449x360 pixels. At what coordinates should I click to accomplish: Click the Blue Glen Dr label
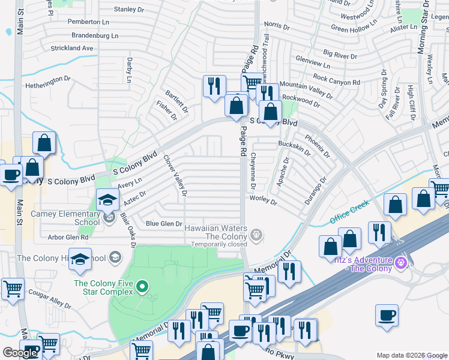tap(164, 224)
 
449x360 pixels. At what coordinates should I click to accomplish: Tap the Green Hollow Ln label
tap(352, 29)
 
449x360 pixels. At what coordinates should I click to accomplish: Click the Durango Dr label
tap(315, 190)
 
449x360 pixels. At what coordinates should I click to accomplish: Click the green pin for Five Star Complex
tap(142, 287)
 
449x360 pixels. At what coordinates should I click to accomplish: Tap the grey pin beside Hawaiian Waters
tap(256, 235)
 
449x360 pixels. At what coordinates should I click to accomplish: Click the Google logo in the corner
tap(20, 353)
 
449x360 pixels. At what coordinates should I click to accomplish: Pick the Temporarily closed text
tap(218, 244)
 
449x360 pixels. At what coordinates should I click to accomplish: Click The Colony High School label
tap(62, 259)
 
